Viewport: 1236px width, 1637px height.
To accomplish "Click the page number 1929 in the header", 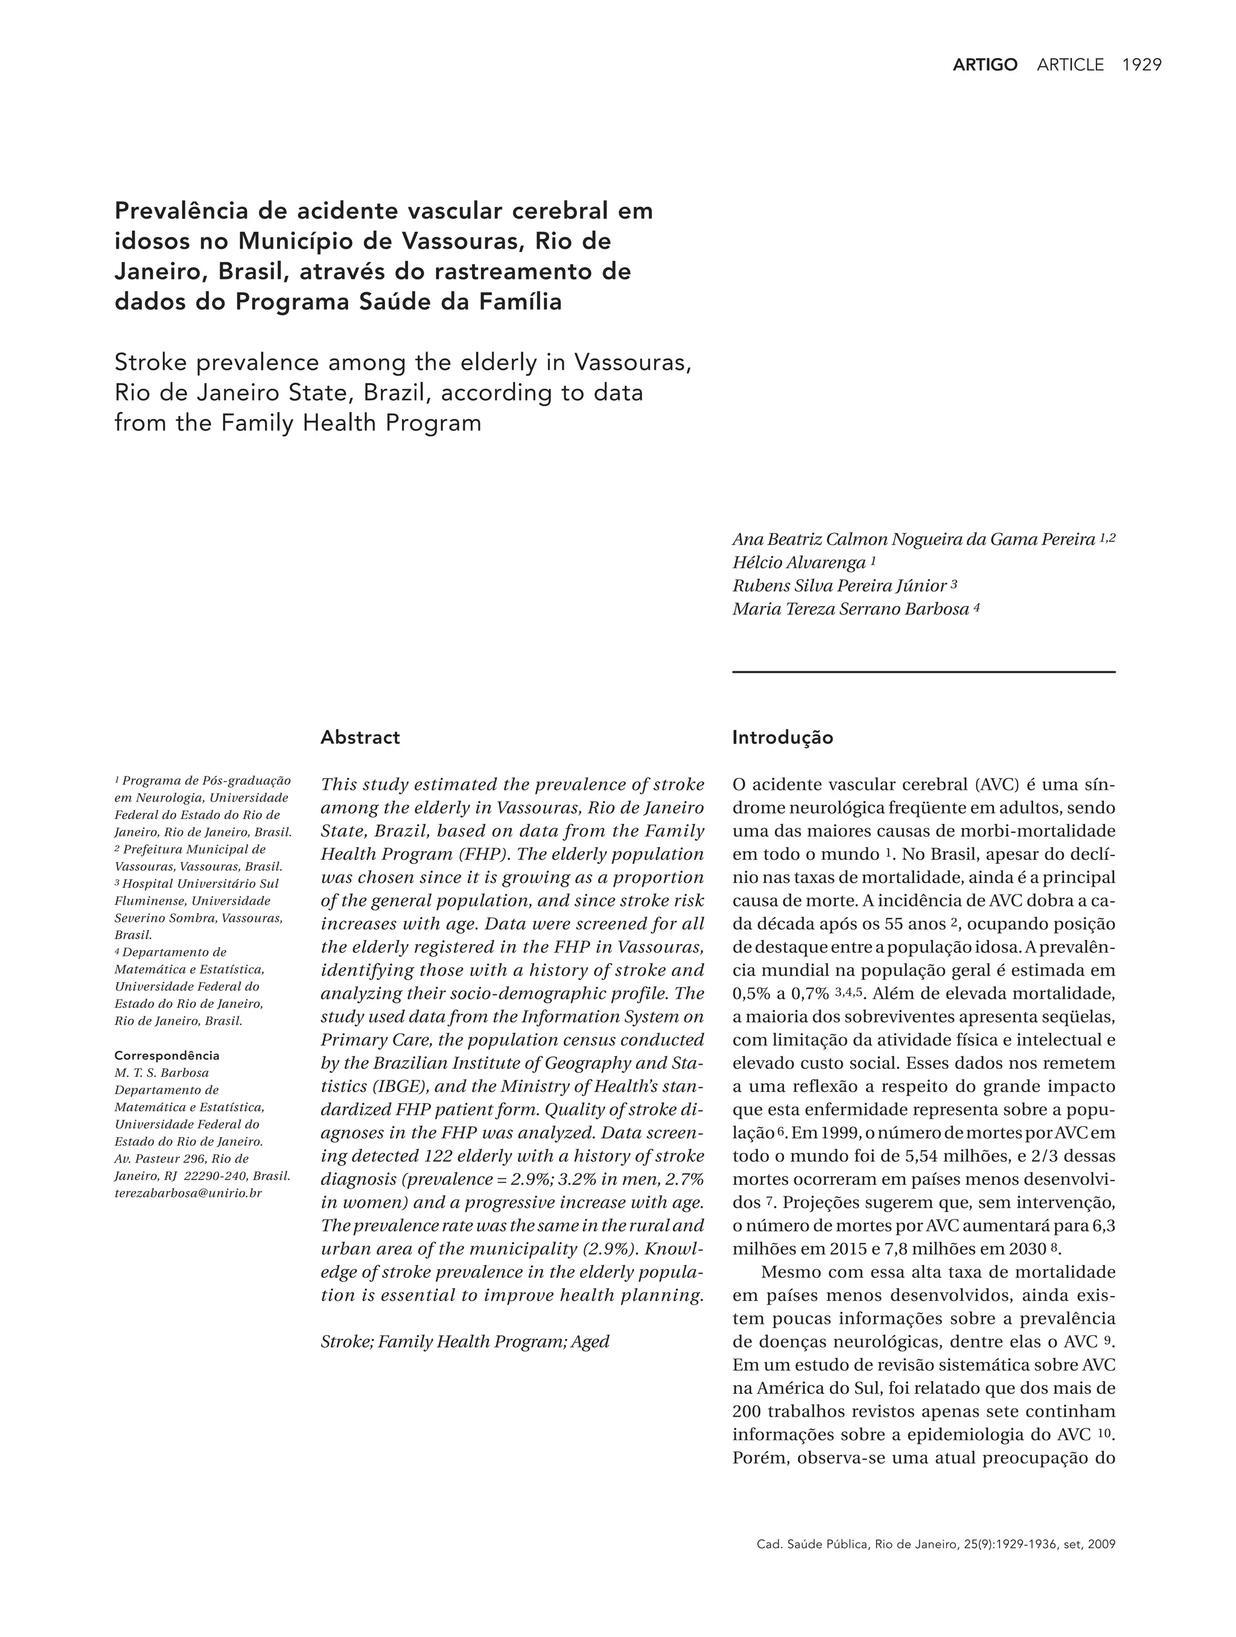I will point(1141,65).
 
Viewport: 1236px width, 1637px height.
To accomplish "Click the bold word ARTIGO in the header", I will point(984,65).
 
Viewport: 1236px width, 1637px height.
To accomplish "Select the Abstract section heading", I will point(360,737).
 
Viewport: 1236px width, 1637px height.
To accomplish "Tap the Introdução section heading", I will point(782,737).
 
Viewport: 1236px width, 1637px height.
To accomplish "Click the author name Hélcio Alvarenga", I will point(798,563).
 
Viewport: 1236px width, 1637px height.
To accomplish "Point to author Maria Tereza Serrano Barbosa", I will point(850,609).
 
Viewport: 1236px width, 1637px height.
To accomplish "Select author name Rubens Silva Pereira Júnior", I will point(839,586).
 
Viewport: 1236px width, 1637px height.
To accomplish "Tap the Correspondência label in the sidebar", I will point(167,1055).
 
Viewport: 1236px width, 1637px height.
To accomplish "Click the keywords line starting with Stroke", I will point(465,1341).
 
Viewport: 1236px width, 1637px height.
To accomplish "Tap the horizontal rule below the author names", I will point(923,672).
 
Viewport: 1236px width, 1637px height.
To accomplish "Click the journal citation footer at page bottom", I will point(935,1544).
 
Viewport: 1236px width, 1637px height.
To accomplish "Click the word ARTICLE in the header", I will point(1070,65).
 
